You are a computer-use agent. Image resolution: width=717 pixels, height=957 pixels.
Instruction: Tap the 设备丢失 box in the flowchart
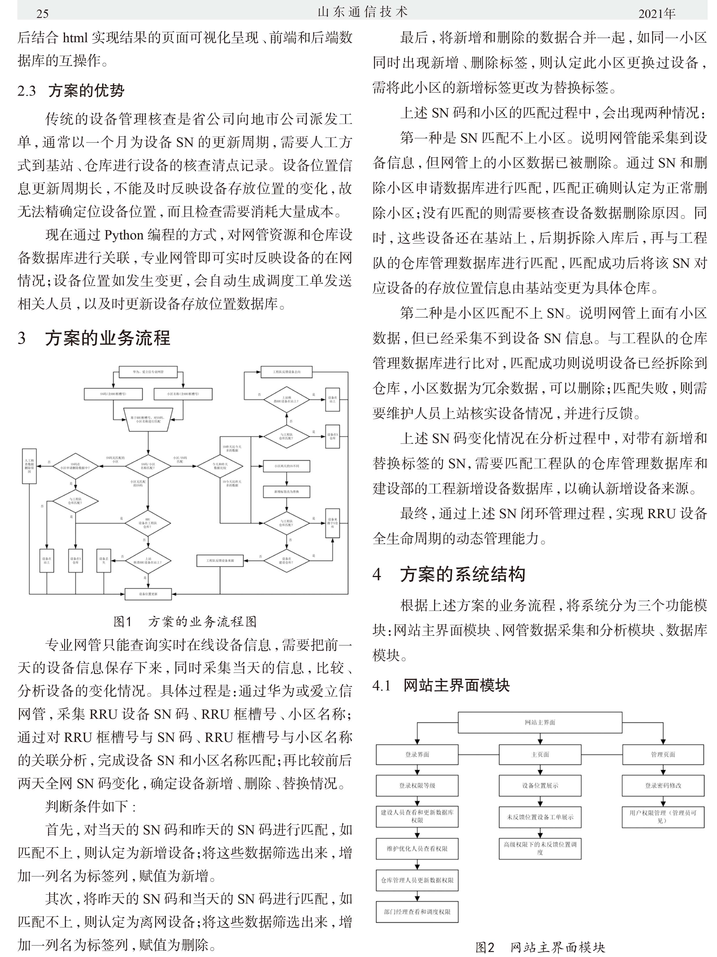click(x=104, y=560)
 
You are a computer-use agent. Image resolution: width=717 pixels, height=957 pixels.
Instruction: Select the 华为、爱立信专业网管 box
click(x=148, y=372)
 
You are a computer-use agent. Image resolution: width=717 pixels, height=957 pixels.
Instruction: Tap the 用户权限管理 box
click(x=662, y=816)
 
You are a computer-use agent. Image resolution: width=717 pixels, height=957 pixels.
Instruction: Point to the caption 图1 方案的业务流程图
click(x=185, y=622)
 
